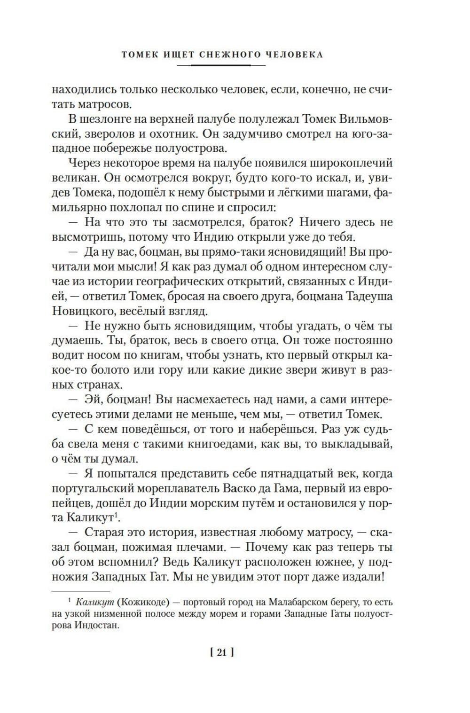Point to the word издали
(x=366, y=577)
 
